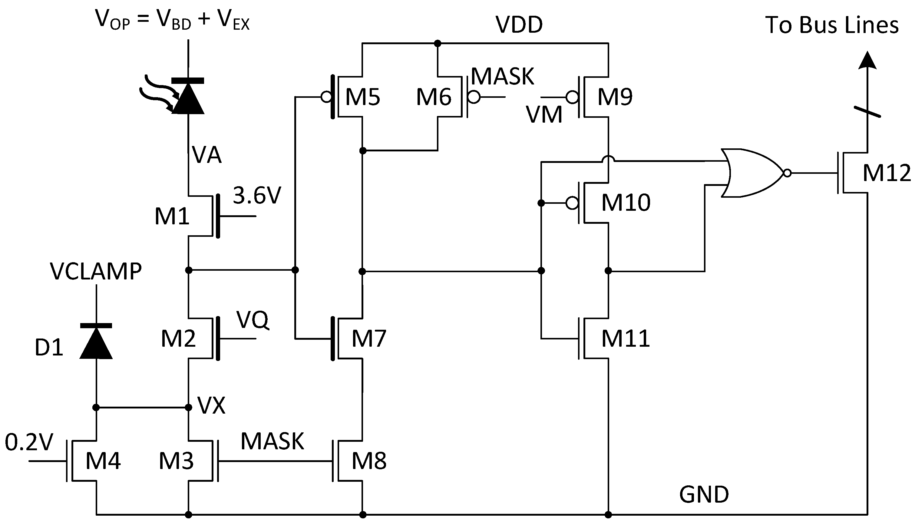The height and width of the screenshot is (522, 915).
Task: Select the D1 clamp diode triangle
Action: pos(96,343)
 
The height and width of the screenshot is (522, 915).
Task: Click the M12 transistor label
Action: pos(886,173)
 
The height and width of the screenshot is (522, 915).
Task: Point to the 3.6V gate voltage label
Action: pos(257,196)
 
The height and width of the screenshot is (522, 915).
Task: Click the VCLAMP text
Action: pos(96,271)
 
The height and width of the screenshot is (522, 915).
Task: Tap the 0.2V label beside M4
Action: pos(29,442)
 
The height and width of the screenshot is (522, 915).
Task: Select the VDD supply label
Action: pos(519,25)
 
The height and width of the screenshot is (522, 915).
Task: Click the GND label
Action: pos(704,495)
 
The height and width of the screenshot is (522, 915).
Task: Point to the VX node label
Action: pos(211,406)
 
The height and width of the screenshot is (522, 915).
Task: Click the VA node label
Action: pos(207,155)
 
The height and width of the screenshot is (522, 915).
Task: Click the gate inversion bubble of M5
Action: pos(326,97)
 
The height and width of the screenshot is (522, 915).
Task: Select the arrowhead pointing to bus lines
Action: pos(867,60)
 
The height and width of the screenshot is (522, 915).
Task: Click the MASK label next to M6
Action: pos(502,76)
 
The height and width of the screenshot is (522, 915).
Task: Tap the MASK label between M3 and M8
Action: pos(272,441)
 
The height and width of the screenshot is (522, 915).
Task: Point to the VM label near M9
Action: pos(544,115)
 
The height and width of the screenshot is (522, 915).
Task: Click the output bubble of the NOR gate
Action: pos(787,173)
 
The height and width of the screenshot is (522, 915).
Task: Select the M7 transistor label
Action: pos(369,338)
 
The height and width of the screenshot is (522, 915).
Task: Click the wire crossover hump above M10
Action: pos(608,159)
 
